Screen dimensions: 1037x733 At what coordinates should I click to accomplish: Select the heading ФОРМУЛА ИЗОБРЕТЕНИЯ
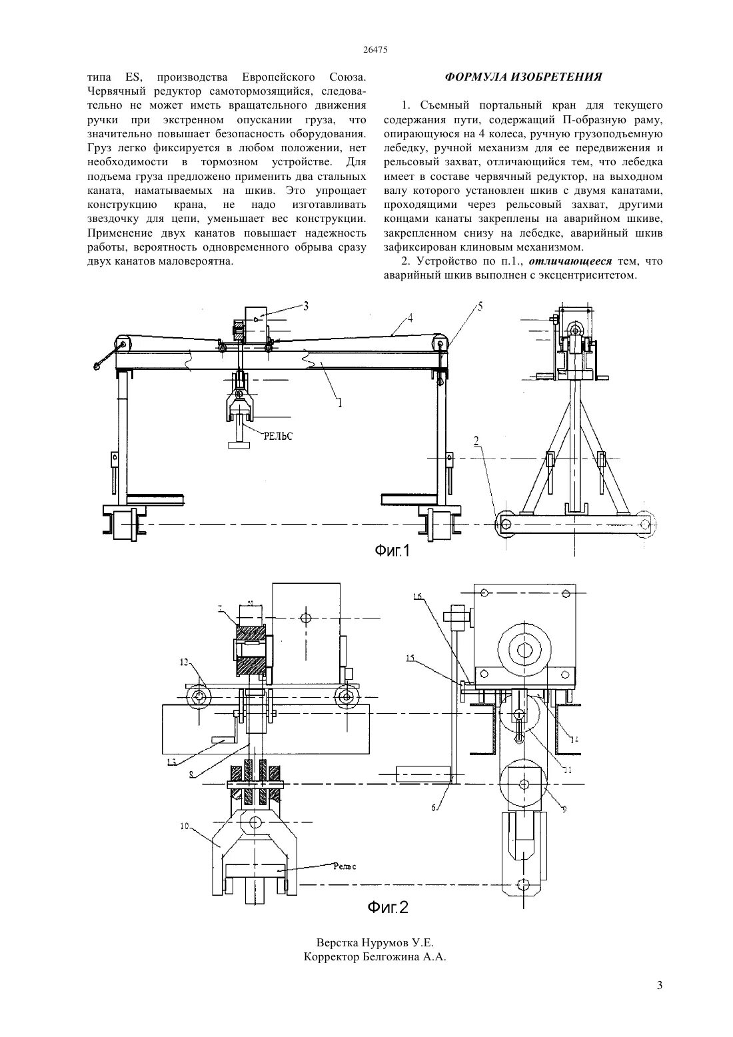click(x=523, y=77)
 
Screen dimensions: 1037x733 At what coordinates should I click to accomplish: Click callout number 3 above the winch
click(x=306, y=306)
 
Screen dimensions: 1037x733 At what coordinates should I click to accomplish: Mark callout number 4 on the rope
click(x=410, y=319)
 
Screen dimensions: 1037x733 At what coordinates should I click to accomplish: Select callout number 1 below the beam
click(x=340, y=403)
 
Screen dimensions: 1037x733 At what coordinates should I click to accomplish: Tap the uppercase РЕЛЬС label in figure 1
click(x=277, y=437)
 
